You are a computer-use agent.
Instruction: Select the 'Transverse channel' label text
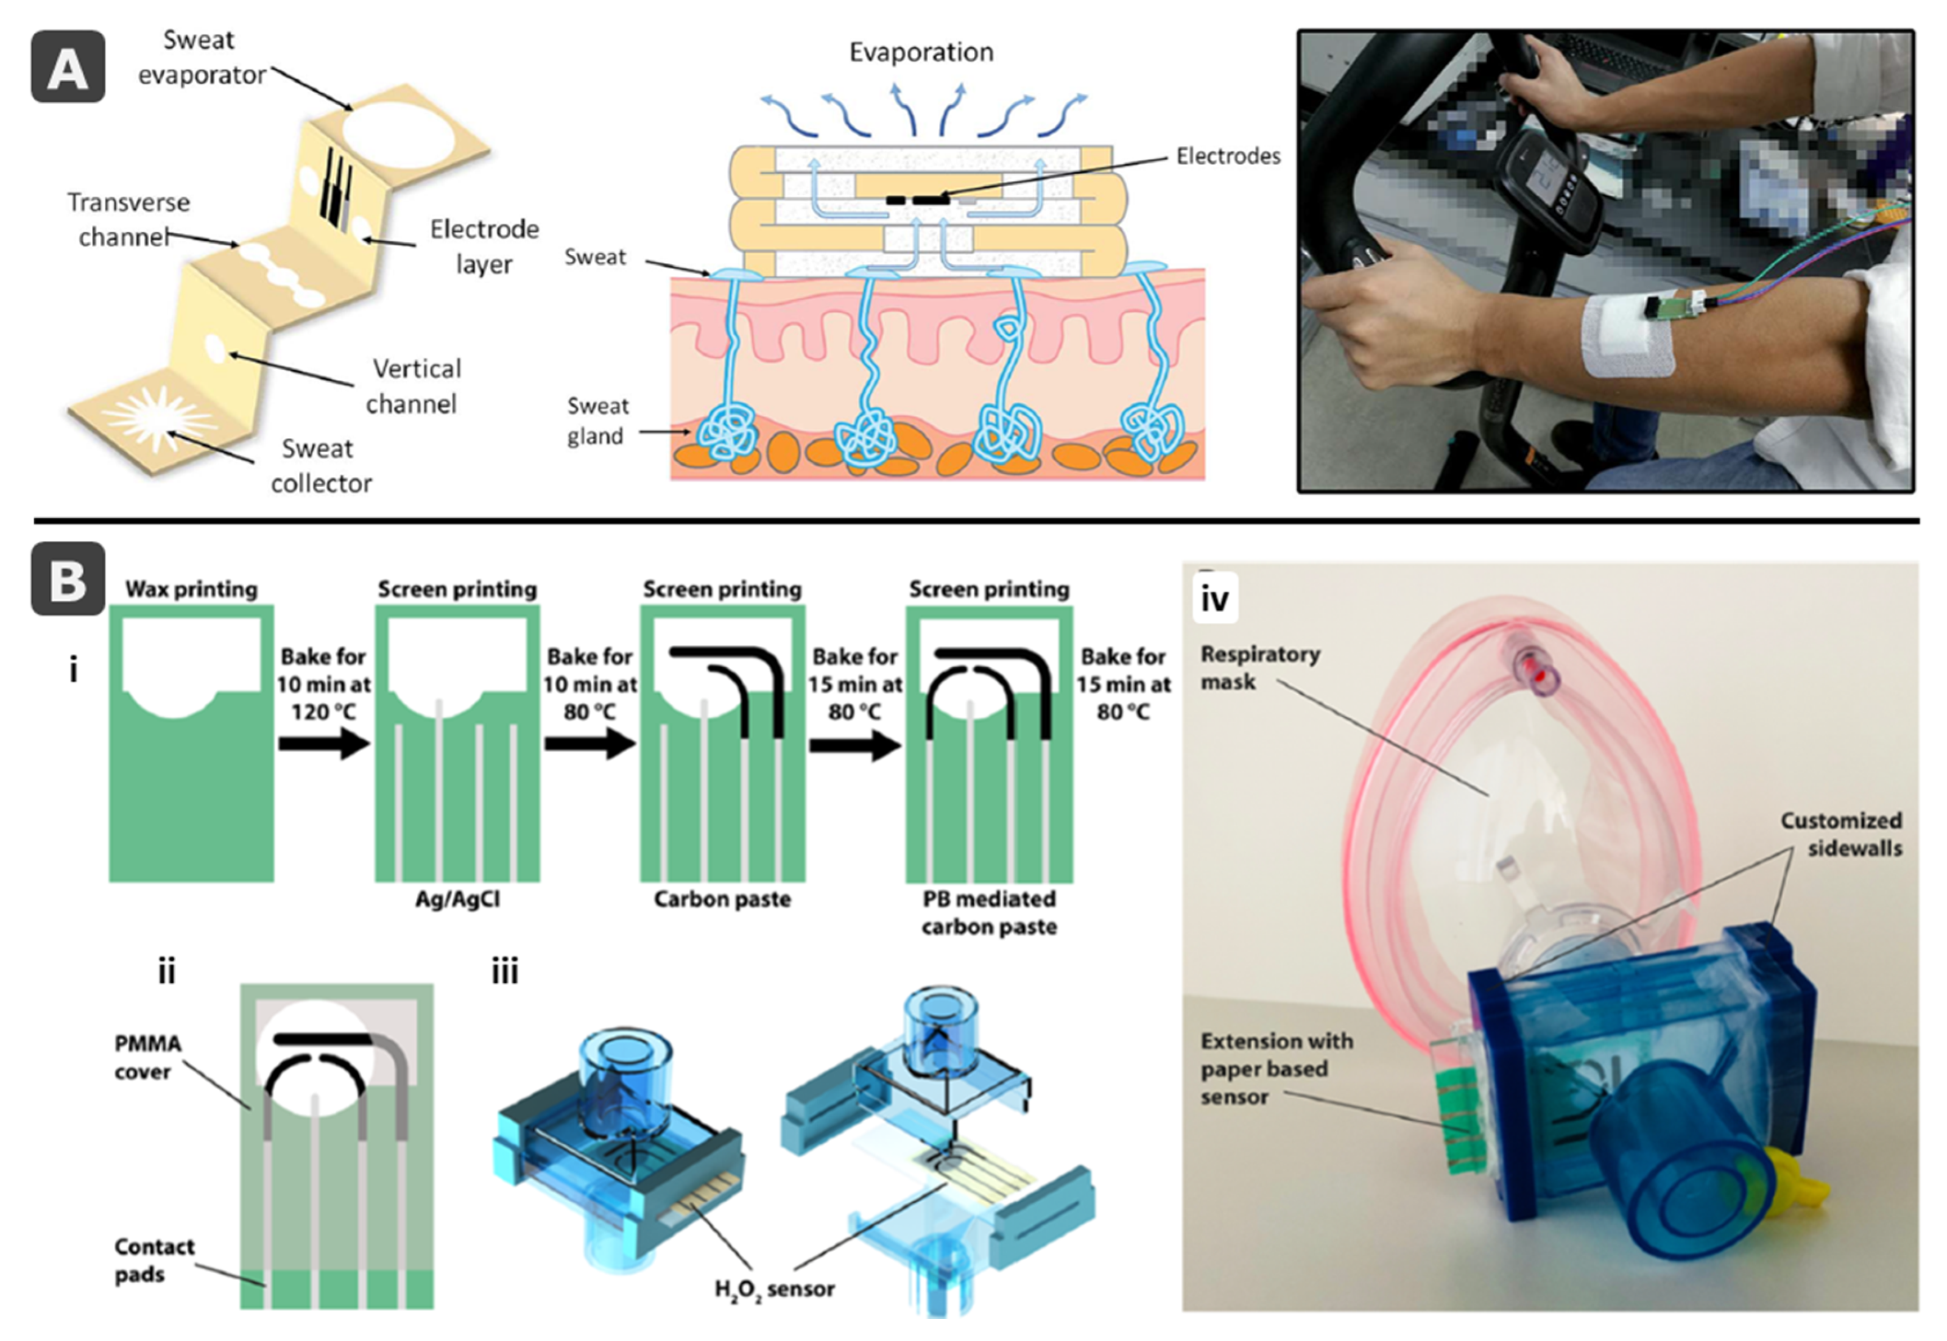(128, 219)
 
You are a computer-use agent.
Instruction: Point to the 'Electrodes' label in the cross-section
(1228, 157)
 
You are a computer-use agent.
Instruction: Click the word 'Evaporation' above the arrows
(921, 52)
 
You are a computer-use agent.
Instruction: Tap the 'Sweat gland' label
(597, 421)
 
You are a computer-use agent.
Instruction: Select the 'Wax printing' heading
(192, 589)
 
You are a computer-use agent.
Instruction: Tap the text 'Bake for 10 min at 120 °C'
(323, 684)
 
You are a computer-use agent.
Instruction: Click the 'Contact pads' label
(154, 1261)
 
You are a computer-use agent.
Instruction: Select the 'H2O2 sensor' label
(774, 1288)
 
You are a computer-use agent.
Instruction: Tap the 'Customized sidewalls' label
(1840, 834)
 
